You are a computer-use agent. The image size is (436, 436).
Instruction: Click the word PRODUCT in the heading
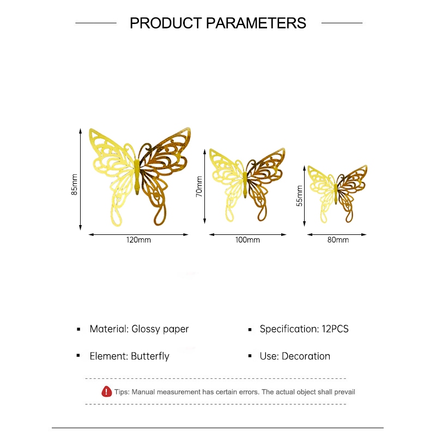coord(166,23)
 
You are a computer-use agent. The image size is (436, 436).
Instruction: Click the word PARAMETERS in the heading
coord(256,23)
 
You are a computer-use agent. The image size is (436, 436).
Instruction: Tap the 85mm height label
coord(74,184)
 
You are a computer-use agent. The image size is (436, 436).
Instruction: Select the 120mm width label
coord(138,240)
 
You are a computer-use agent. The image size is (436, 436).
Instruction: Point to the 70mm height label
coord(199,186)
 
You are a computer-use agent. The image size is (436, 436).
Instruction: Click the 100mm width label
coord(247,240)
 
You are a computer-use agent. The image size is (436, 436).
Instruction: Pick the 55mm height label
coord(299,196)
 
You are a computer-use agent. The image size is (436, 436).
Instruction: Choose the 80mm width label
coord(338,240)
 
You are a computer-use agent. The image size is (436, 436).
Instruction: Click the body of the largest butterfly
coord(137,177)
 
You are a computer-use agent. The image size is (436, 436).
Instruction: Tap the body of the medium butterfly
coord(245,184)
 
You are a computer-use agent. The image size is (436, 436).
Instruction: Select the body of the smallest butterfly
coord(336,193)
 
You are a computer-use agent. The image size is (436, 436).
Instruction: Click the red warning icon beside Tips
coord(106,391)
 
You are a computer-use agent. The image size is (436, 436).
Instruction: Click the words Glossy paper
coord(160,329)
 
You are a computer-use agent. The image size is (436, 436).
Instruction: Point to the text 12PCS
coord(335,329)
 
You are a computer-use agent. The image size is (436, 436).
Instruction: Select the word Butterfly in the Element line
coord(150,356)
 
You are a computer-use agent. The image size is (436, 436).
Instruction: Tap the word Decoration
coord(306,356)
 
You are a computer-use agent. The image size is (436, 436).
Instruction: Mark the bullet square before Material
coord(78,330)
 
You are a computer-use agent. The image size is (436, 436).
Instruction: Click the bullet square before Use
coord(250,356)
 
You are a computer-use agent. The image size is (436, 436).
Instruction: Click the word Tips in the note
coord(122,392)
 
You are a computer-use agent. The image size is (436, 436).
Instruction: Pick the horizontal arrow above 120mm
coord(138,235)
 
